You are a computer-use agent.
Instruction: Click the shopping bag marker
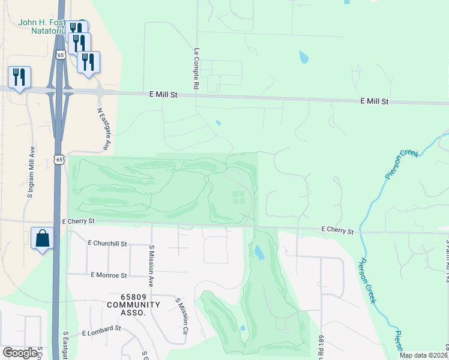tap(43, 238)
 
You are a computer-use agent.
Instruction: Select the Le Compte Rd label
tap(196, 69)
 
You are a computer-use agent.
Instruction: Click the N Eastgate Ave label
tap(104, 128)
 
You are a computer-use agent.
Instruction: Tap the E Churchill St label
tap(107, 244)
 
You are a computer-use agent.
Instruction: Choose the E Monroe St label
tap(109, 275)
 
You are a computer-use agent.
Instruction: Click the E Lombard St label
tap(101, 330)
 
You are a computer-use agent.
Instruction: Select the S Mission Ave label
tap(152, 266)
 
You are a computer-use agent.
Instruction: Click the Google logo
tap(19, 353)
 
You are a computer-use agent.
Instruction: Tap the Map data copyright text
tap(423, 355)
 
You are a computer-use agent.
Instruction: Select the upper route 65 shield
tap(59, 55)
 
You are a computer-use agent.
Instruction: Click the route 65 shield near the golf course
tap(59, 159)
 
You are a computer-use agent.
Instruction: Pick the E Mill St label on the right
tap(374, 102)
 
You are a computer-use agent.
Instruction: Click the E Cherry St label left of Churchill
tap(79, 221)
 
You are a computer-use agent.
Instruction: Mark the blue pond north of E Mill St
tap(304, 58)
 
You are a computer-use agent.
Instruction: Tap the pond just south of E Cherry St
tap(259, 251)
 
